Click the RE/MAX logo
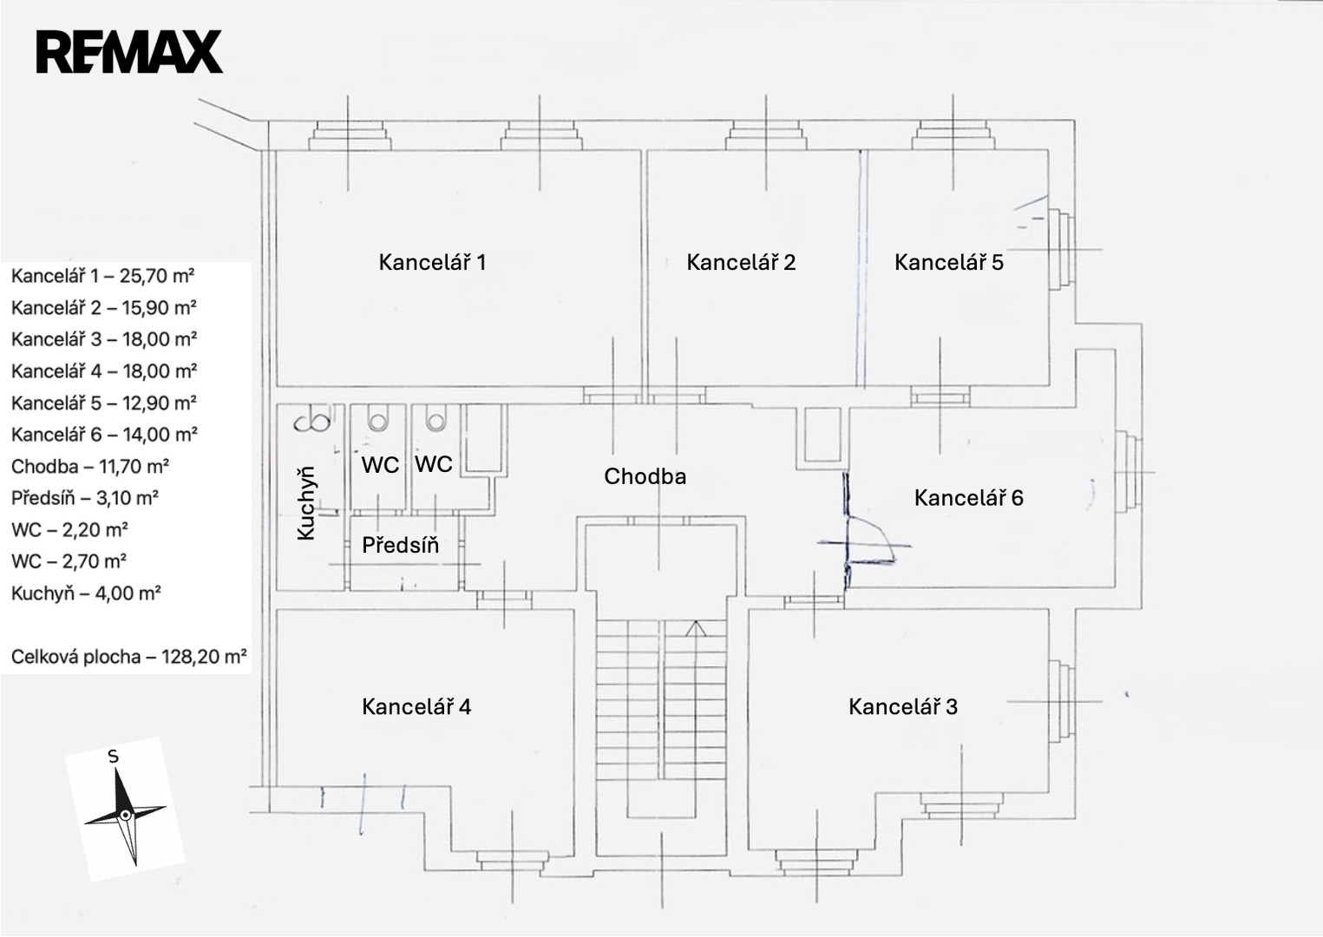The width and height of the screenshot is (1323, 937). click(129, 51)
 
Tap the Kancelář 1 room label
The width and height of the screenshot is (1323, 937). click(432, 262)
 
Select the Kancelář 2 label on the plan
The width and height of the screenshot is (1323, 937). click(741, 262)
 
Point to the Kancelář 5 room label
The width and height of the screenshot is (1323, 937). click(949, 262)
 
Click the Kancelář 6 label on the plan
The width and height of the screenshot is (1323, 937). click(969, 497)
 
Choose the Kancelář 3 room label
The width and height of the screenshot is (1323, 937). click(903, 706)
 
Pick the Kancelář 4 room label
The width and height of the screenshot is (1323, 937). click(416, 706)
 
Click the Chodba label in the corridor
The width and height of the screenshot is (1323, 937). click(645, 476)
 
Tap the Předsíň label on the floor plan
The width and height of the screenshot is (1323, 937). click(400, 545)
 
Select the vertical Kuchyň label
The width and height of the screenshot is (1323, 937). click(306, 503)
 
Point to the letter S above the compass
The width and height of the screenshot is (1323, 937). click(113, 757)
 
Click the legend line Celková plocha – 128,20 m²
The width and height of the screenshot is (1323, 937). click(128, 657)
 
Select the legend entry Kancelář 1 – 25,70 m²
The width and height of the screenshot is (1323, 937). click(102, 276)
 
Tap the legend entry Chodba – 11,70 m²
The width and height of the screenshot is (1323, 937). click(89, 467)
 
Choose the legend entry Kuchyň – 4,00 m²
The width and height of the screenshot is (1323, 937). click(88, 593)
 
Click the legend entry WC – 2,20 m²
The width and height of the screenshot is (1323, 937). click(69, 530)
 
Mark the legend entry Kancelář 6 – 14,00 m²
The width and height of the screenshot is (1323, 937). click(104, 435)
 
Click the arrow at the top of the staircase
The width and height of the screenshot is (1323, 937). click(695, 628)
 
